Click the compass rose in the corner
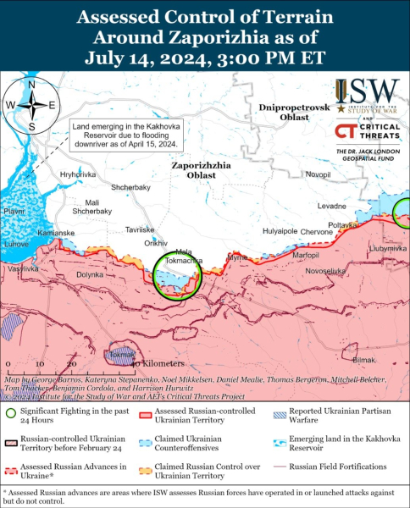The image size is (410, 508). pyautogui.click(x=31, y=105)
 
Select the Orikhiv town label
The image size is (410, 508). pyautogui.click(x=158, y=243)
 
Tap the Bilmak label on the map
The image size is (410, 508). pyautogui.click(x=363, y=360)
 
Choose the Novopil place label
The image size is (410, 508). pyautogui.click(x=319, y=174)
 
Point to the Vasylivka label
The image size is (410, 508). pyautogui.click(x=23, y=268)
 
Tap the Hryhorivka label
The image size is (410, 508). pyautogui.click(x=78, y=174)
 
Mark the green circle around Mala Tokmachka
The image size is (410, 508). pyautogui.click(x=177, y=275)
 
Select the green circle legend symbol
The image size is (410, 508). pyautogui.click(x=13, y=414)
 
